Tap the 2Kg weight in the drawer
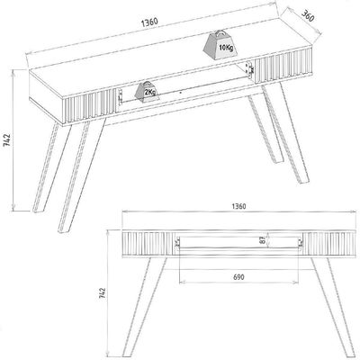click(x=147, y=92)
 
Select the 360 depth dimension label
click(x=308, y=16)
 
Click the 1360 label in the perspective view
click(x=149, y=22)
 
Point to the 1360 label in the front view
click(x=239, y=206)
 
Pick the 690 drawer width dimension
click(x=238, y=277)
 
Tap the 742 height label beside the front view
click(x=103, y=293)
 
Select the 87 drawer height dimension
click(x=263, y=240)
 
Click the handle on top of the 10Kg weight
click(x=221, y=32)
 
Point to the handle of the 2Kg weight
click(x=148, y=83)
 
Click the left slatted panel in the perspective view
click(x=90, y=106)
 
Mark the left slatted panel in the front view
click(x=148, y=243)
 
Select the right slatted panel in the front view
click(x=331, y=244)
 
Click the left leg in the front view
click(x=145, y=307)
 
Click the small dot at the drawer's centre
click(x=180, y=93)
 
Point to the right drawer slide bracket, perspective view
click(x=248, y=69)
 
